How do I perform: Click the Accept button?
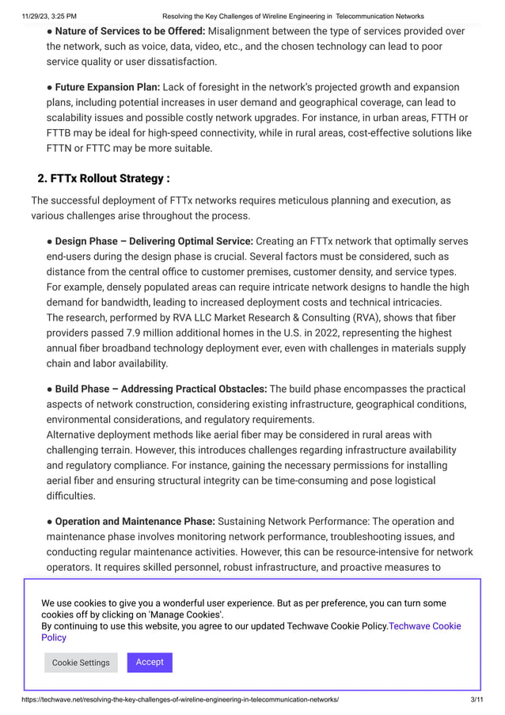click(x=150, y=662)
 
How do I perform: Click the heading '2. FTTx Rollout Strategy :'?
click(x=104, y=177)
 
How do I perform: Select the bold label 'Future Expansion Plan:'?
click(x=107, y=87)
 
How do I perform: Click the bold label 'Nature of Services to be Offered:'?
click(x=130, y=31)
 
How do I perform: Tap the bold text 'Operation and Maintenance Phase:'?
click(x=135, y=522)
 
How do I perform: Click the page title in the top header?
click(x=293, y=16)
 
